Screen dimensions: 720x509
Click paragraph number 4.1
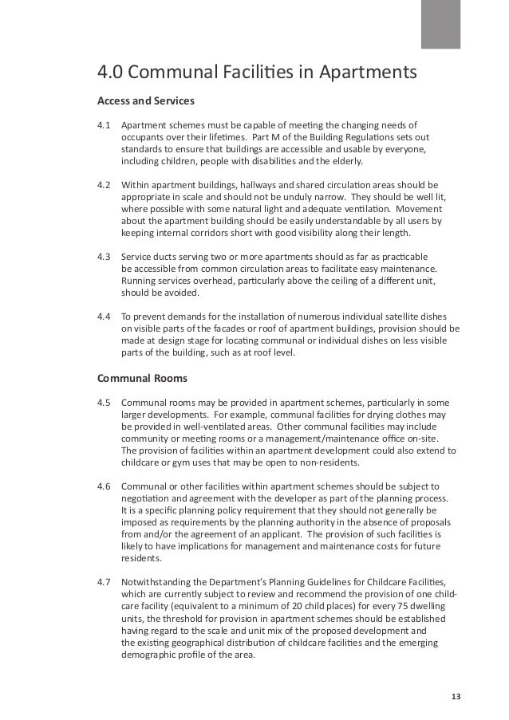[104, 124]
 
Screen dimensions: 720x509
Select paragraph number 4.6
[104, 486]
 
